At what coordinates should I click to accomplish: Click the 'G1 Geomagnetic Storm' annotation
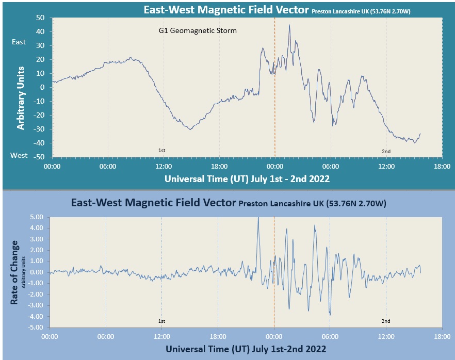[198, 31]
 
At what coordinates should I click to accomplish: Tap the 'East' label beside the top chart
[19, 42]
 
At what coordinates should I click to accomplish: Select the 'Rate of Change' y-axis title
[15, 272]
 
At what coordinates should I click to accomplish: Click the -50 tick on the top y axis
[39, 157]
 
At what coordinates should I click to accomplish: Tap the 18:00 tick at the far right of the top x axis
[442, 167]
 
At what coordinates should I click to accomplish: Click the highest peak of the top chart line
[289, 25]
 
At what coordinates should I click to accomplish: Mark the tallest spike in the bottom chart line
[258, 218]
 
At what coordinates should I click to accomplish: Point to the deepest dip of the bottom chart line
[330, 314]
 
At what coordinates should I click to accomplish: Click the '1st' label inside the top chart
[161, 151]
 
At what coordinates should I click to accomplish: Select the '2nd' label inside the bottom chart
[386, 321]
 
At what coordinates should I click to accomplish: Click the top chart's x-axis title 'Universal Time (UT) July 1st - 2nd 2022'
[247, 179]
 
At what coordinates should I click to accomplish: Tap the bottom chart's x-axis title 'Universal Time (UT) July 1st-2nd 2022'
[246, 349]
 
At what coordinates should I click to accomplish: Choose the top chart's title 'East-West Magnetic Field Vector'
[227, 10]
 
